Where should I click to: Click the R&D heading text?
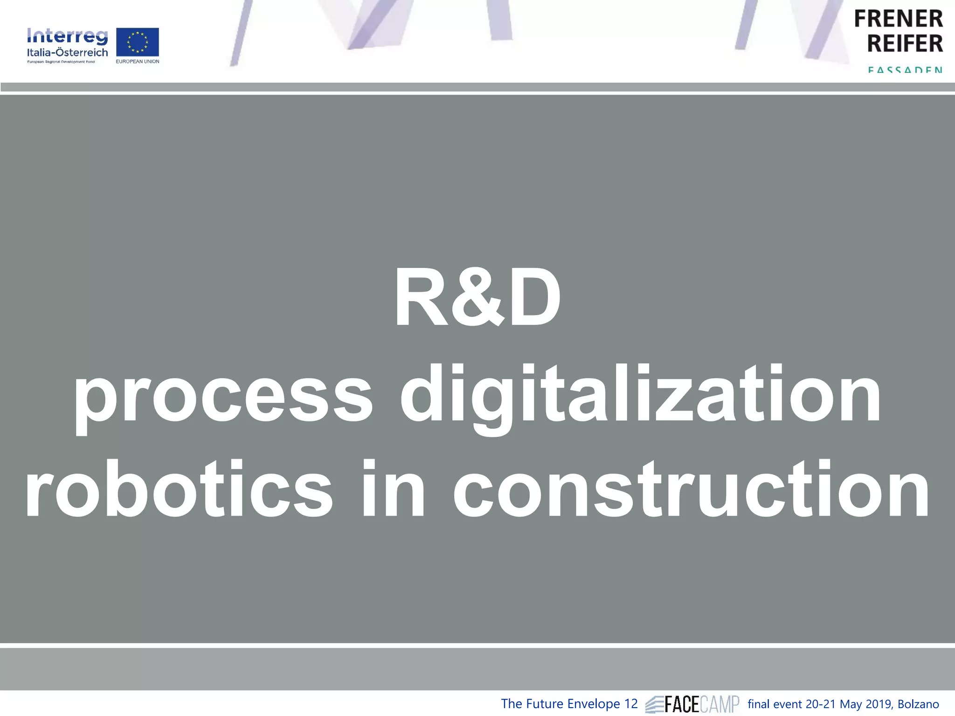[x=477, y=298]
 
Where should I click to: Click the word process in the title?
[x=223, y=396]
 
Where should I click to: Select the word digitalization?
[x=640, y=396]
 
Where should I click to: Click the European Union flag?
[x=138, y=42]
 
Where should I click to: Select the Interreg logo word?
[x=67, y=36]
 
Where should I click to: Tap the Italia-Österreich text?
[x=67, y=52]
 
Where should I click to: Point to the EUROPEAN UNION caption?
[x=138, y=62]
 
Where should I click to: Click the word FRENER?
[x=898, y=19]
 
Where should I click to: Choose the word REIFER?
[x=905, y=43]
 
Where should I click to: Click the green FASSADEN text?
[x=905, y=70]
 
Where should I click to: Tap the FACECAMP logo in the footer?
[x=692, y=704]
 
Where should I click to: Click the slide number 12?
[x=630, y=704]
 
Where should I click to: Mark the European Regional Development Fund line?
[x=61, y=62]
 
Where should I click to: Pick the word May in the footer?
[x=850, y=704]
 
